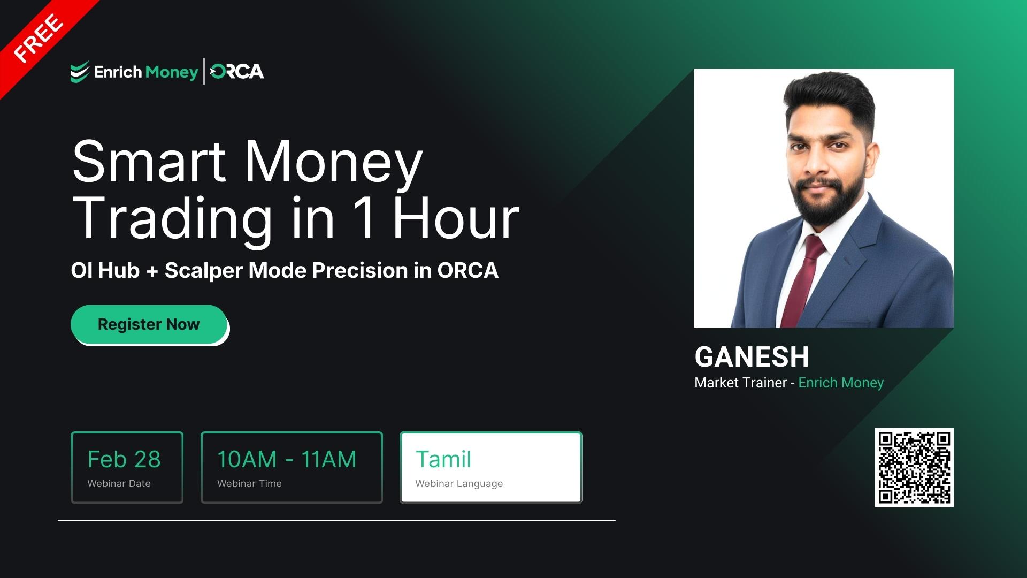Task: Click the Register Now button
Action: pyautogui.click(x=149, y=324)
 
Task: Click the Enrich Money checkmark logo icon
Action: pyautogui.click(x=79, y=72)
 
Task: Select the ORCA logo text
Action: pyautogui.click(x=237, y=72)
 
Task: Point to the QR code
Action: pyautogui.click(x=914, y=467)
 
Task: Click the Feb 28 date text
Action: pyautogui.click(x=124, y=459)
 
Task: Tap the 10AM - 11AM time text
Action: pyautogui.click(x=287, y=459)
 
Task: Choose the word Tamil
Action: pyautogui.click(x=443, y=459)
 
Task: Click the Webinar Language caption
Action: pyautogui.click(x=459, y=483)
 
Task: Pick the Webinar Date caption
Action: pyautogui.click(x=119, y=483)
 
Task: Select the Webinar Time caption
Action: pyautogui.click(x=249, y=483)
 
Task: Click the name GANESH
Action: pyautogui.click(x=752, y=357)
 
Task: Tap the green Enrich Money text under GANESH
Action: pyautogui.click(x=841, y=383)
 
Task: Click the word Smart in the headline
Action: pyautogui.click(x=149, y=162)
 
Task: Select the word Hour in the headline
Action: pyautogui.click(x=456, y=218)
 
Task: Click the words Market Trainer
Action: pyautogui.click(x=740, y=383)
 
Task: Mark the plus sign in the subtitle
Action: pyautogui.click(x=152, y=271)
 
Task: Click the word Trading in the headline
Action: pyautogui.click(x=172, y=218)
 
